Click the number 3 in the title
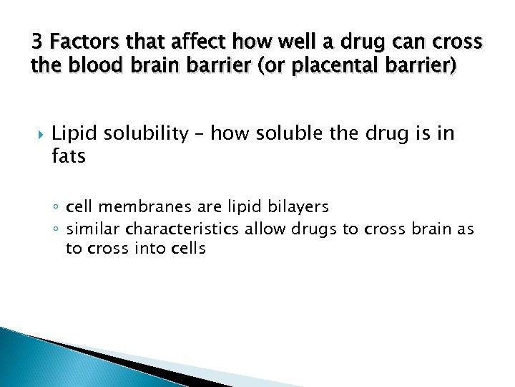coord(36,42)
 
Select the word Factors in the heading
coord(77,42)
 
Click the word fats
coord(69,156)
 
